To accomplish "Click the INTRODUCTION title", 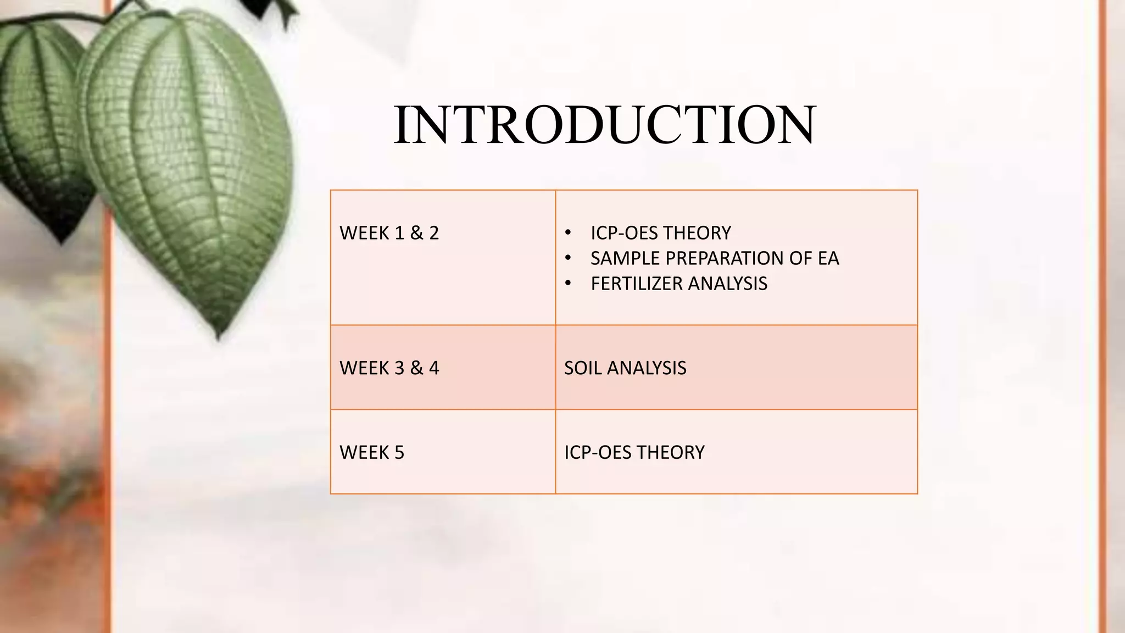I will coord(604,125).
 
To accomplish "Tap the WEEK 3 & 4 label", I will coord(389,368).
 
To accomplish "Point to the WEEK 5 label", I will coord(372,452).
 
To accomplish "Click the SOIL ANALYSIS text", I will coord(625,368).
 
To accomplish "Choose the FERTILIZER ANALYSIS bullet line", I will coord(678,284).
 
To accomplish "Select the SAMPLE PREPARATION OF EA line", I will coord(714,258).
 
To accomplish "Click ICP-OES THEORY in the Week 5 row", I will coord(634,452).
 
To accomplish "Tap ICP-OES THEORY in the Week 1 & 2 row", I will coord(660,233).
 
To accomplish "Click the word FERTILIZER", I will coord(637,284).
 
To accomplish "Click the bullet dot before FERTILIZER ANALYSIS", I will coord(569,284).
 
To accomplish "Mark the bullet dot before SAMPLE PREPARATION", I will coord(569,258).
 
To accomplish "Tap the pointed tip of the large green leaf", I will coord(219,336).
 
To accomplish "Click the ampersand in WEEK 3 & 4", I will coord(416,368).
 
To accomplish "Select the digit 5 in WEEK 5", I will coord(399,452).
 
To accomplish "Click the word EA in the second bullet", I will coord(828,258).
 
